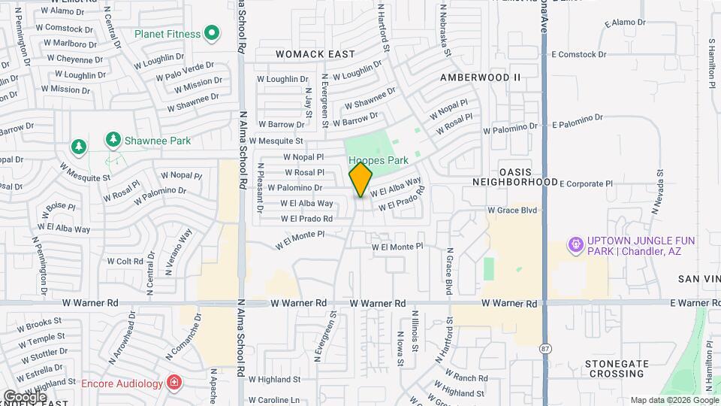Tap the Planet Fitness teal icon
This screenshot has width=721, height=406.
212,34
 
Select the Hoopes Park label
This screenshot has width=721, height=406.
379,160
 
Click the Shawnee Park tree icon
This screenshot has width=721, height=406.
113,139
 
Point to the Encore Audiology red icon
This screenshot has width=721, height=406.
174,383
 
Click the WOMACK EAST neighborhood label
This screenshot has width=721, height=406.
315,54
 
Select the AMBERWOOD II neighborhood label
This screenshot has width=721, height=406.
480,77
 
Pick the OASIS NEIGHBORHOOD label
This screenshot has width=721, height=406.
515,177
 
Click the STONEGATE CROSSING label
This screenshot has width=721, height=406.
617,368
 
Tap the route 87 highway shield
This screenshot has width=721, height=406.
545,348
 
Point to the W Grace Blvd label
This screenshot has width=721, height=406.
512,211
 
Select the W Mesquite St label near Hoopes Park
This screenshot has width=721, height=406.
276,141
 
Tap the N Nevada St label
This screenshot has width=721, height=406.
660,188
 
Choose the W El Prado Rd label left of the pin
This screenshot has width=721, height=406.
306,219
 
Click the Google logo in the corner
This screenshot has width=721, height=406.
24,396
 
